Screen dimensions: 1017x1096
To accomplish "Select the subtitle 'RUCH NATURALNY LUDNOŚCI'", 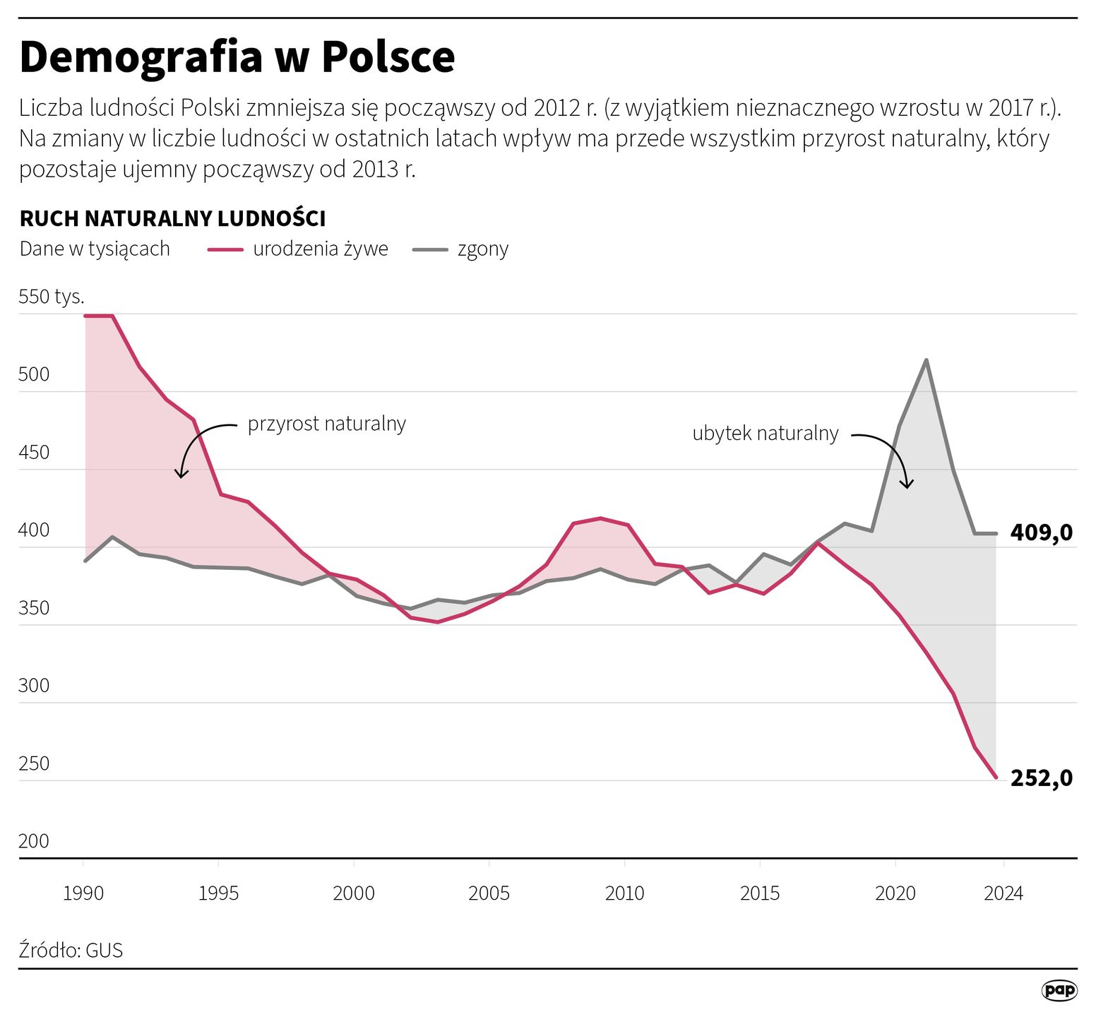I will point(172,219).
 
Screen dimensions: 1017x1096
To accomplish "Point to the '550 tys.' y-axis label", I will point(52,297).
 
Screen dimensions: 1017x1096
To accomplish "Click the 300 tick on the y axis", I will point(34,686).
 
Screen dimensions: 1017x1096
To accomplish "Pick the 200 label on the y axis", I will point(34,841).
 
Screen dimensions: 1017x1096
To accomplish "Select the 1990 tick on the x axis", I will point(83,893).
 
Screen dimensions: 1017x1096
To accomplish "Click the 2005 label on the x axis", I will point(489,893).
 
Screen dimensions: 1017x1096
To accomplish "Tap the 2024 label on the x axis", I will point(1003,893).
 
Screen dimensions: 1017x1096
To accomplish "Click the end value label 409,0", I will point(1041,533).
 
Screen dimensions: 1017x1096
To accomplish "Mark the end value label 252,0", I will point(1041,778).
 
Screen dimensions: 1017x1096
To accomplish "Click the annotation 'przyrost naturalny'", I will point(326,424).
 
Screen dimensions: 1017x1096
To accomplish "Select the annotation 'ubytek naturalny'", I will point(765,433).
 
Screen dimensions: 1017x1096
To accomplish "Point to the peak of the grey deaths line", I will point(926,360).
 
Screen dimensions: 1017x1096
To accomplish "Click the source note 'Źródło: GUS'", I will point(71,950).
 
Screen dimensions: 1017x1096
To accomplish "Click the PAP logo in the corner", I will point(1059,990).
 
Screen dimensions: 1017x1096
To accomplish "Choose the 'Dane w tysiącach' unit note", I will point(95,249).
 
